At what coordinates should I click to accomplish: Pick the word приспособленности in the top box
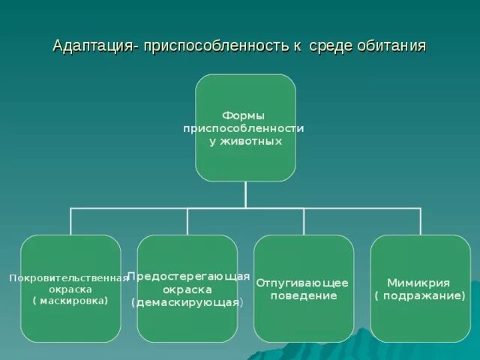244,128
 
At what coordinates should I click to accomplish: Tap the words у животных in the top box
245,141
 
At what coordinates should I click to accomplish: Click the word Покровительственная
69,277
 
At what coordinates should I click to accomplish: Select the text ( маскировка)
70,301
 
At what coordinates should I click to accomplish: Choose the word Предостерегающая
188,276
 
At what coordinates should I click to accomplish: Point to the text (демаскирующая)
187,302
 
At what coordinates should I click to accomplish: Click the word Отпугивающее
302,283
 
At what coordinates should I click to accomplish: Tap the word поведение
303,296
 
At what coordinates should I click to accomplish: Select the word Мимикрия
418,283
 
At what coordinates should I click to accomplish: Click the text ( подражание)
420,296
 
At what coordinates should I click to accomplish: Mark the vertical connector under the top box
245,194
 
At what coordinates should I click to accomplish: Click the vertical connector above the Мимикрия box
421,221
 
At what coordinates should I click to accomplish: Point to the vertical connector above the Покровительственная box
70,221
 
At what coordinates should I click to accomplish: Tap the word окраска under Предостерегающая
187,289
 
